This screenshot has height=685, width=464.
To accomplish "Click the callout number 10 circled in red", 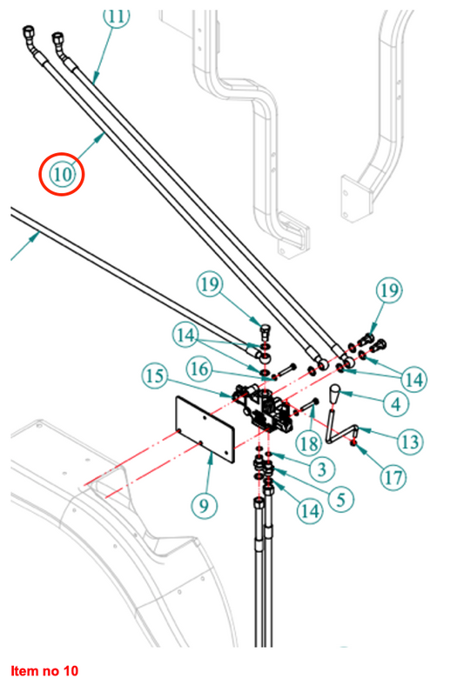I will pyautogui.click(x=63, y=174).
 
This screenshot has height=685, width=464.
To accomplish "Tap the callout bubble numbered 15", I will pyautogui.click(x=155, y=376).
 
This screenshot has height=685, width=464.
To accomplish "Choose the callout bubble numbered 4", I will pyautogui.click(x=395, y=402).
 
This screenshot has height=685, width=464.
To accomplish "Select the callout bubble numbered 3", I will pyautogui.click(x=320, y=469).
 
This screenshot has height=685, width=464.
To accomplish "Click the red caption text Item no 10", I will pyautogui.click(x=44, y=671).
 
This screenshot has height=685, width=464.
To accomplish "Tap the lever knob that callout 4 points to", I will pyautogui.click(x=333, y=396).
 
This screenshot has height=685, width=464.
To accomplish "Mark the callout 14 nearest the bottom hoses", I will pyautogui.click(x=309, y=511).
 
